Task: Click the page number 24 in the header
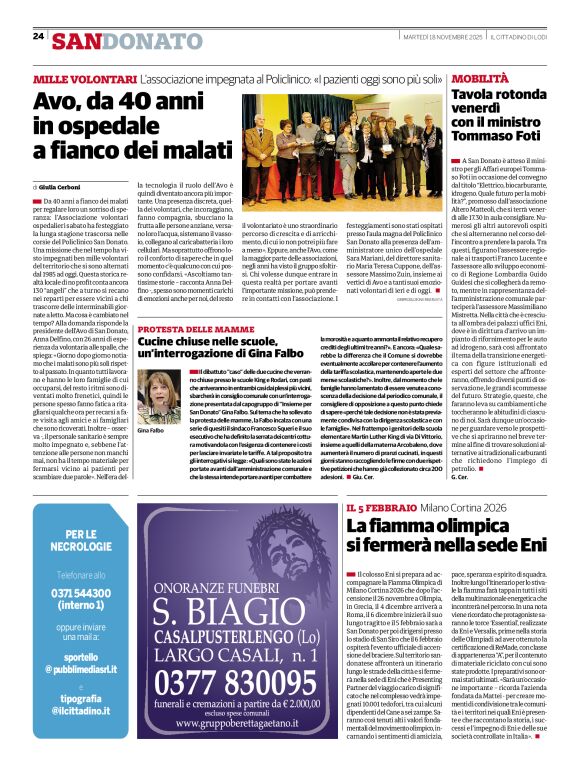[38, 36]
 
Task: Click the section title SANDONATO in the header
[126, 41]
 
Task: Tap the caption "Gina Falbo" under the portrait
[151, 430]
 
